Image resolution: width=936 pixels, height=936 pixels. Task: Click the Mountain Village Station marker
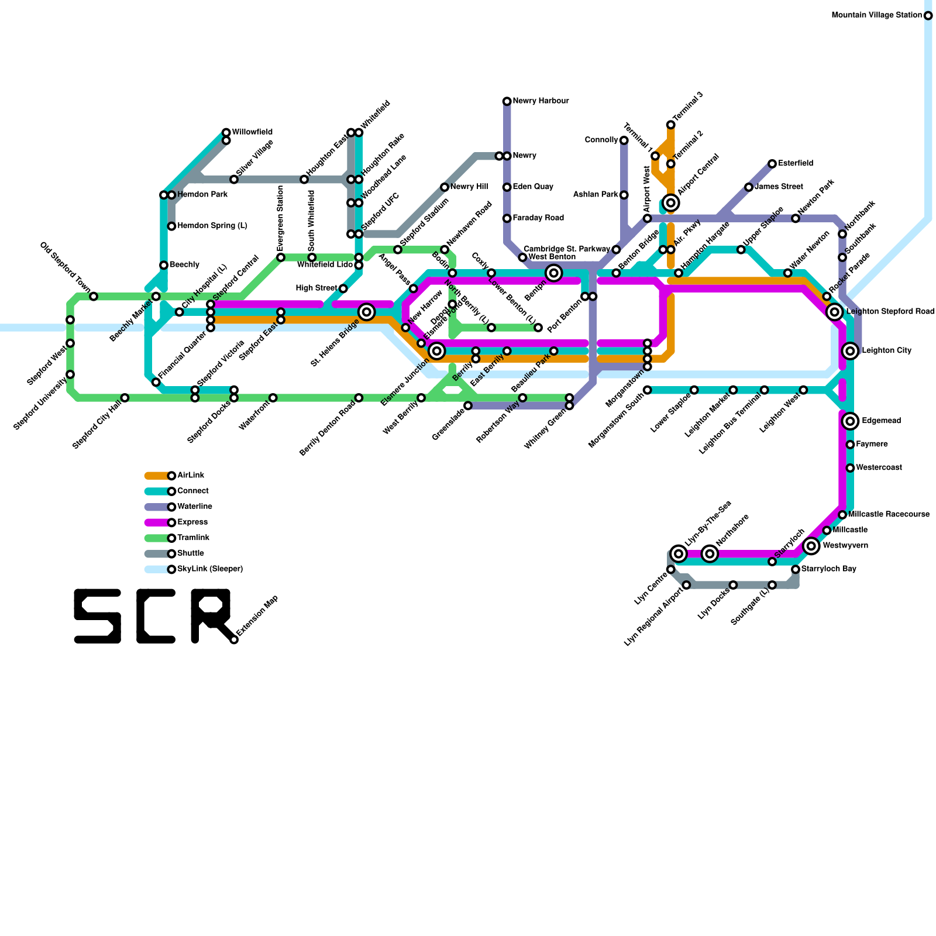tap(928, 15)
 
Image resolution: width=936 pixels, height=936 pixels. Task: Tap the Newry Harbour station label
tap(540, 101)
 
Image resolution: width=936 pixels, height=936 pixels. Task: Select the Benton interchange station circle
tap(553, 273)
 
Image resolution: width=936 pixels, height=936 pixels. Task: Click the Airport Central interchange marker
tap(670, 203)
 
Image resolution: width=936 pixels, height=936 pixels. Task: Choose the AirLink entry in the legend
tap(191, 476)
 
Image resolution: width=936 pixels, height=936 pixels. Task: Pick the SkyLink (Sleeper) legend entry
tap(209, 569)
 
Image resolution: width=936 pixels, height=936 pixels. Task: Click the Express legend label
tap(192, 522)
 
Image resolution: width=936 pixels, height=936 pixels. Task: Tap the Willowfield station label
tap(252, 132)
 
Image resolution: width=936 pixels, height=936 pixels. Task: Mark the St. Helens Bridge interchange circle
tap(366, 312)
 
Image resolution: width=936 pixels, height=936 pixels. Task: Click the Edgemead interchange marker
tap(850, 421)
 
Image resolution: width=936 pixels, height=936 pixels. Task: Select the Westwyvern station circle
tap(811, 546)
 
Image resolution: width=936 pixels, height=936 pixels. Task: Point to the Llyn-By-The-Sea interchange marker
tap(679, 553)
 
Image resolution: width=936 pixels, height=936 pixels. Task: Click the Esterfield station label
tap(795, 164)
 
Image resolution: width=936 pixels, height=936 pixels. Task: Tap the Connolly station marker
tap(624, 140)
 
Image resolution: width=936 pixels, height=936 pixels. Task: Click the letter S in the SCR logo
tap(97, 616)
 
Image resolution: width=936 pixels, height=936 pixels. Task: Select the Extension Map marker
tap(234, 639)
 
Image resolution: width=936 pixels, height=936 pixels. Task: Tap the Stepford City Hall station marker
tap(125, 398)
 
